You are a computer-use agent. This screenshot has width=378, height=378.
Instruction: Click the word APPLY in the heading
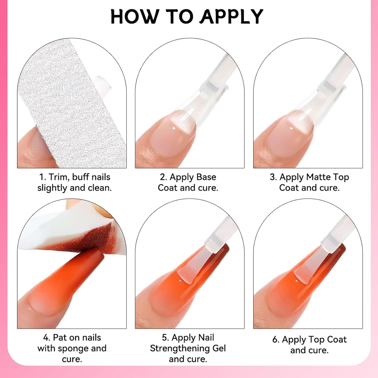pyautogui.click(x=232, y=17)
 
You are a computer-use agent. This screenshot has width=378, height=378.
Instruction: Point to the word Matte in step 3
pyautogui.click(x=316, y=177)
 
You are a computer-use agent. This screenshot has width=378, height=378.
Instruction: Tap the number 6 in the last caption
pyautogui.click(x=275, y=340)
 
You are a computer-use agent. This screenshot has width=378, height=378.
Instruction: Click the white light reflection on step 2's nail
pyautogui.click(x=174, y=129)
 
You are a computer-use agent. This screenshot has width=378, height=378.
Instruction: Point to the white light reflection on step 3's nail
pyautogui.click(x=292, y=129)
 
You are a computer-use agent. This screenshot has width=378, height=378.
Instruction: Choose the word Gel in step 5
pyautogui.click(x=219, y=348)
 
